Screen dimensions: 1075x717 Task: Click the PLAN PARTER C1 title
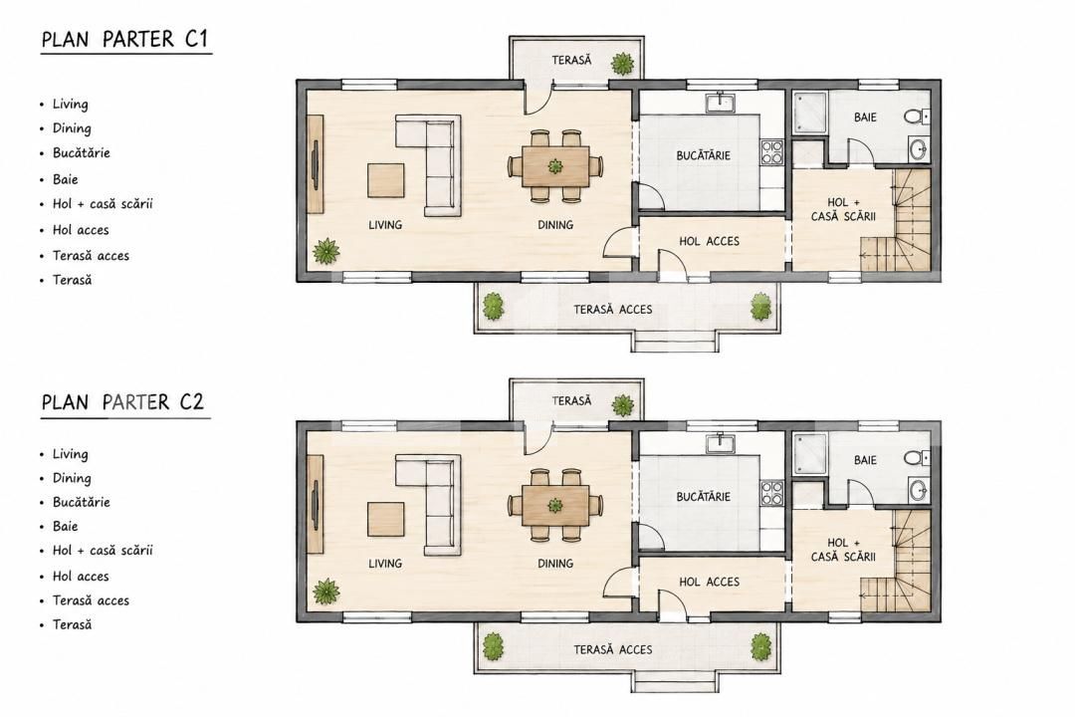(124, 39)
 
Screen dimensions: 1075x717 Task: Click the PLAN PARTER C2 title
(123, 401)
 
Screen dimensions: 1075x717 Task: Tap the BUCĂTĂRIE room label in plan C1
(704, 155)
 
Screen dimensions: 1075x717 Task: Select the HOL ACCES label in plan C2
(709, 582)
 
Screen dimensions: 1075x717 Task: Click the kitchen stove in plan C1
(772, 152)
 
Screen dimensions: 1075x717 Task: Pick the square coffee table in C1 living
(385, 180)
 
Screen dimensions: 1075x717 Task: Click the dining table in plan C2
(555, 506)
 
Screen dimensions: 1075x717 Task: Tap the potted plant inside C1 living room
(326, 251)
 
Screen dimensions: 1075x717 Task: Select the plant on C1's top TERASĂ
(622, 64)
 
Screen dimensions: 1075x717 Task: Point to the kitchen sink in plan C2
(721, 443)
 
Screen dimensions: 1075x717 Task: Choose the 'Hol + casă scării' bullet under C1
(103, 204)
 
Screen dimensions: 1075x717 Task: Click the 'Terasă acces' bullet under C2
(91, 600)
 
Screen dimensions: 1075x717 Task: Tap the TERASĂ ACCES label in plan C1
(613, 310)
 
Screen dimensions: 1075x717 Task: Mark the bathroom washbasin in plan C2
(919, 491)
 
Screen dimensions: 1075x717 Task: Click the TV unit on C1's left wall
(316, 164)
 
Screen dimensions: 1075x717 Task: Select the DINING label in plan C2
(555, 564)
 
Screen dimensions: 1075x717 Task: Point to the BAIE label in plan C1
(865, 118)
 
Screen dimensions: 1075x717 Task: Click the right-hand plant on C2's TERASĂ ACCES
(760, 646)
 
